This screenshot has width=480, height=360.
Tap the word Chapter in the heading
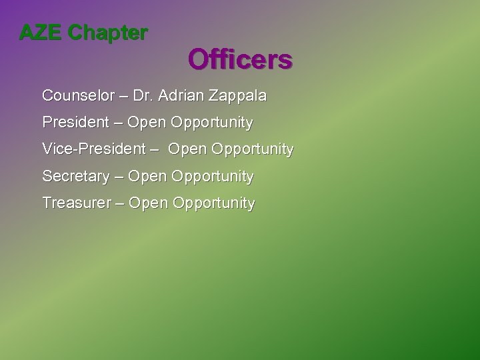tap(108, 33)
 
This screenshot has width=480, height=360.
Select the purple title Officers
tap(240, 60)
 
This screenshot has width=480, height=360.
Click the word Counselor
tap(75, 96)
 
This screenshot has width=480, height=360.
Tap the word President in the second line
tap(75, 123)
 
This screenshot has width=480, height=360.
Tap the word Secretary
tap(75, 177)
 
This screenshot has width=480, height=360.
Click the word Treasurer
tap(76, 203)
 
